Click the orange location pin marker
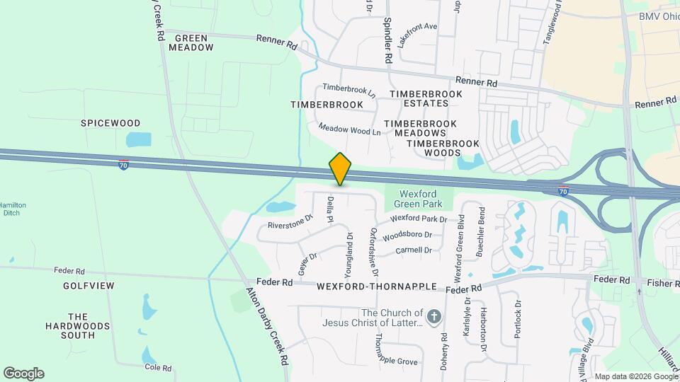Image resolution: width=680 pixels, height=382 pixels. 340,169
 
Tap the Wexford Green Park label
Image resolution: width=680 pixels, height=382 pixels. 418,199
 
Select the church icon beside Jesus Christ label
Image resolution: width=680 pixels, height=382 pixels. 435,316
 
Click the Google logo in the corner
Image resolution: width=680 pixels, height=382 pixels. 23,373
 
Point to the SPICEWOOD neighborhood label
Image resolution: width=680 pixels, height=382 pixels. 110,123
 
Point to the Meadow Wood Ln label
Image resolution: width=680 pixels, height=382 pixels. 350,129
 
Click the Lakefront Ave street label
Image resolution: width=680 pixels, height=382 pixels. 418,35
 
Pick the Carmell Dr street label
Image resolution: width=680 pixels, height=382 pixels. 414,250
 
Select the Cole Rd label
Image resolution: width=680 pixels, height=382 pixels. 158,368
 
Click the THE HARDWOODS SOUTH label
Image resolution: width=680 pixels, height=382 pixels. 78,326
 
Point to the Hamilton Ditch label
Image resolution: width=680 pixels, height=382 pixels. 13,209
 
